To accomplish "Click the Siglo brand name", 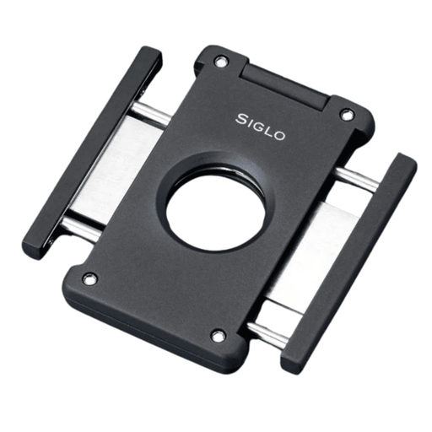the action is click(x=261, y=127).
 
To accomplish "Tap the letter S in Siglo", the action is click(x=241, y=119).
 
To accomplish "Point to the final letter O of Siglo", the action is click(x=279, y=136).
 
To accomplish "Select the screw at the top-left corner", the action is click(x=220, y=62).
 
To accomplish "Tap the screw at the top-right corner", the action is click(x=346, y=115).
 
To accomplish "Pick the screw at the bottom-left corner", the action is click(x=89, y=278).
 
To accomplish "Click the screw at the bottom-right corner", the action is click(x=219, y=336).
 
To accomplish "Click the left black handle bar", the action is click(x=92, y=154).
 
